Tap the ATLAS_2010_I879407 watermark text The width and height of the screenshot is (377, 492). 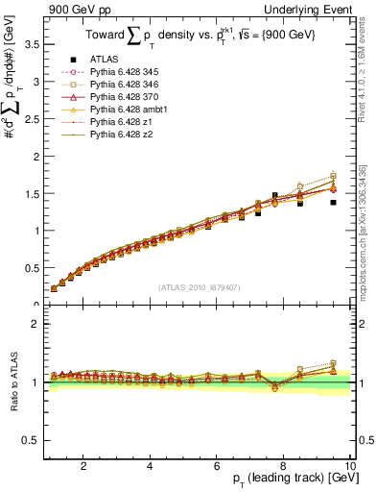pos(199,287)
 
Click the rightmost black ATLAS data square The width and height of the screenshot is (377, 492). pos(334,202)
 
